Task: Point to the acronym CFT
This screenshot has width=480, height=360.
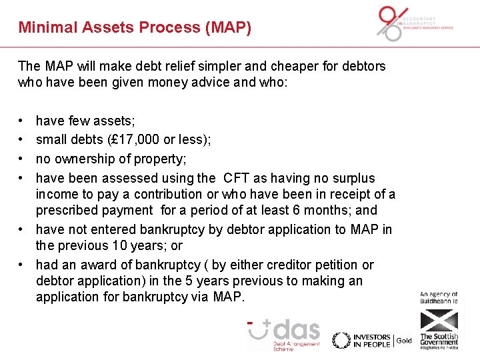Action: coord(237,178)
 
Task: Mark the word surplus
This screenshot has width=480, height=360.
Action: coord(351,178)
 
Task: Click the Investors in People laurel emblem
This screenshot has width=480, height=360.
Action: coord(341,340)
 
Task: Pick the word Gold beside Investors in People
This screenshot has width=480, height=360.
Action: coord(404,341)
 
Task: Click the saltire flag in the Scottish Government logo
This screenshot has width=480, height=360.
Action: coord(439,322)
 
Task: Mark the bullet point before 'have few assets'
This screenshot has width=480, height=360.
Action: coord(23,121)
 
